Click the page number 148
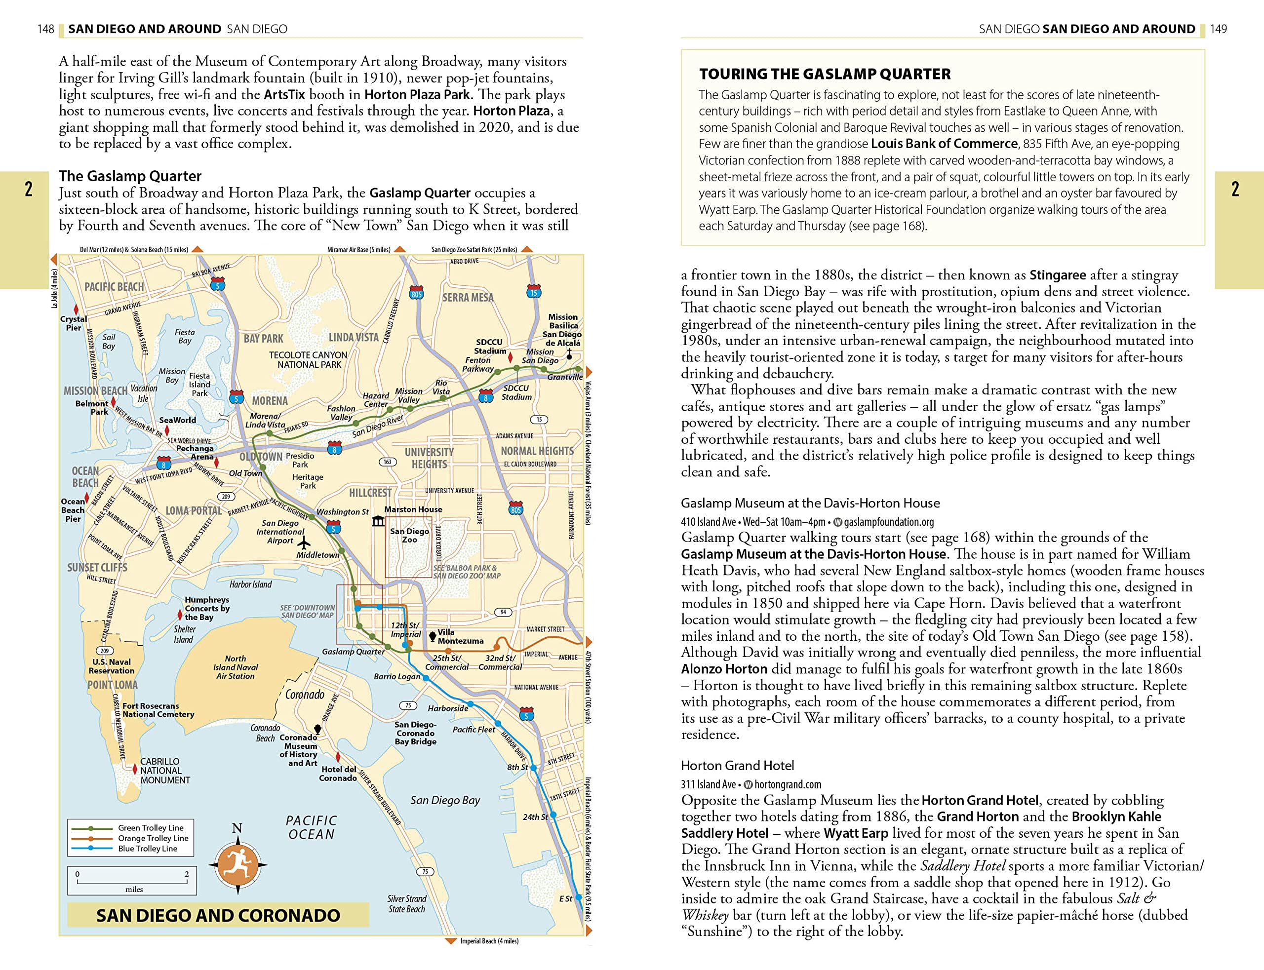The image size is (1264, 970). tap(45, 29)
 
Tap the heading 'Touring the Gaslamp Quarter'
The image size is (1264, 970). tap(824, 74)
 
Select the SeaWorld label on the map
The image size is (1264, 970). tap(177, 420)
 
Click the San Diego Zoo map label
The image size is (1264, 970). tap(409, 535)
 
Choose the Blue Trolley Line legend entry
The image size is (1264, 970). tap(147, 848)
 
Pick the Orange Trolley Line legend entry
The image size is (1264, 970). tap(153, 838)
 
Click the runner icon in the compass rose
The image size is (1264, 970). tap(237, 864)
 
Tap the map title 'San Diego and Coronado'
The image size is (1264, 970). tap(218, 915)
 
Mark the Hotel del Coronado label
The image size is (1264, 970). tap(338, 773)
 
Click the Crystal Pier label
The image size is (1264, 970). tap(74, 323)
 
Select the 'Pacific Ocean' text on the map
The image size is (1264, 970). tap(311, 827)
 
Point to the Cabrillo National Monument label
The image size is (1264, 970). tap(164, 770)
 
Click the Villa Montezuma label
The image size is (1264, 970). tap(460, 636)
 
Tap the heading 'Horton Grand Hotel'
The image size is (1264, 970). tap(737, 765)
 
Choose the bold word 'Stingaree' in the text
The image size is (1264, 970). tap(1057, 275)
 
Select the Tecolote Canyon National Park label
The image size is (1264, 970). tap(309, 359)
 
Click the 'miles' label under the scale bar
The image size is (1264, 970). tap(134, 889)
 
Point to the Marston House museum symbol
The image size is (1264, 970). tap(378, 521)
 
